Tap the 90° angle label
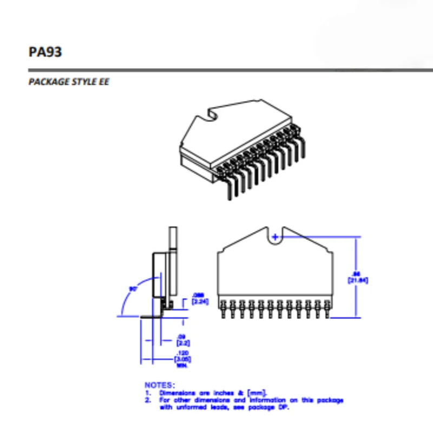pos(133,288)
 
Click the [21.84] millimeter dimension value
pos(357,280)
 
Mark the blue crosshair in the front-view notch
pos(276,237)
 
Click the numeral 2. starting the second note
pos(148,401)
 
